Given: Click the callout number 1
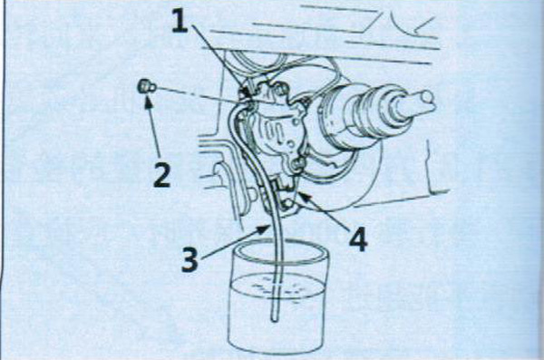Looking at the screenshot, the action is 180,20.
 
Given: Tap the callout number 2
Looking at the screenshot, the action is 162,175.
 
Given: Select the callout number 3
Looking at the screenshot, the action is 189,259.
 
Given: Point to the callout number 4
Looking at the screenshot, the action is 358,240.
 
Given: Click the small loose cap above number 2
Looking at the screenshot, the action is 146,87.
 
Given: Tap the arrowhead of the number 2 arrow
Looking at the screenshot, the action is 149,102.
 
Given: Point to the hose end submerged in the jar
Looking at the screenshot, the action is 275,318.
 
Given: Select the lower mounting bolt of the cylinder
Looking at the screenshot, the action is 298,163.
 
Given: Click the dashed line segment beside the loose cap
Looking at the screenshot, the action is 201,94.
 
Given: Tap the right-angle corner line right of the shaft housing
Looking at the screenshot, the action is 431,191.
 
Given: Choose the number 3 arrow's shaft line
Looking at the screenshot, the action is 232,243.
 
